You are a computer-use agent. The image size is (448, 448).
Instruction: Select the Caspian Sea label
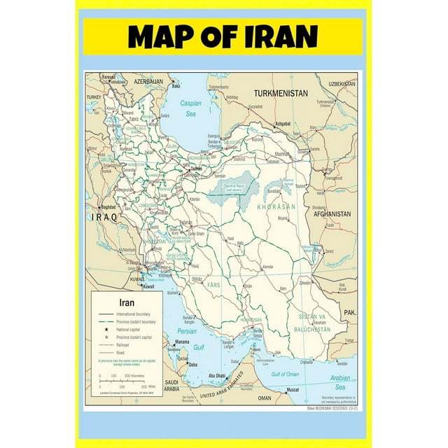[190, 108]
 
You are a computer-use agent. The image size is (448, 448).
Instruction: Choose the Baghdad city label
[107, 207]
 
